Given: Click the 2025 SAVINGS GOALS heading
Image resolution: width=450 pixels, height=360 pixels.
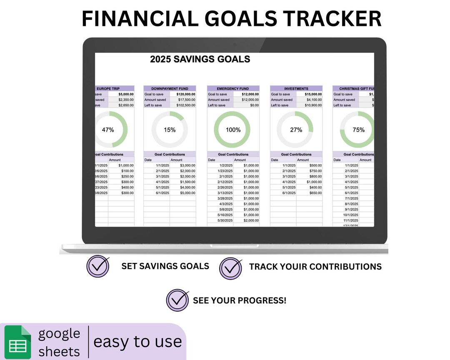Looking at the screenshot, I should (x=200, y=59).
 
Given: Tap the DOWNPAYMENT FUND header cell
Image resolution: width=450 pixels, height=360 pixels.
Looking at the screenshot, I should (x=170, y=89).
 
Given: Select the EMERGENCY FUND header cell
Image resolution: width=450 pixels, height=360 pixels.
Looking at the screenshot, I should (x=233, y=89).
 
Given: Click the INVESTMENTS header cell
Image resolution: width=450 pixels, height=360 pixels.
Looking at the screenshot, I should (x=296, y=89).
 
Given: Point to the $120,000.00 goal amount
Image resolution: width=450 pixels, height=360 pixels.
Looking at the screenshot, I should (x=183, y=94).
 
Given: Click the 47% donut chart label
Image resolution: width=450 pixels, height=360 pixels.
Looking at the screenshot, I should (x=108, y=130).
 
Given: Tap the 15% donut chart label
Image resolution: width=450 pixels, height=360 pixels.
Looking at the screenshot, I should (x=170, y=130).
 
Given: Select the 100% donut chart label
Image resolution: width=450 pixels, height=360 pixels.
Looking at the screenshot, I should (x=233, y=130).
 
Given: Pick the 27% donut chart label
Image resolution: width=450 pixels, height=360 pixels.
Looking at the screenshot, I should (x=296, y=130).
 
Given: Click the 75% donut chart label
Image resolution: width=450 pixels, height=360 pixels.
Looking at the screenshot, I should (x=358, y=130).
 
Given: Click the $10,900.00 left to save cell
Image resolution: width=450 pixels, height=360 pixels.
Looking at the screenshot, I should (x=310, y=105).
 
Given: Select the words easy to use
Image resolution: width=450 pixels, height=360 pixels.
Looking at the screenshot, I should (x=137, y=342).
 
